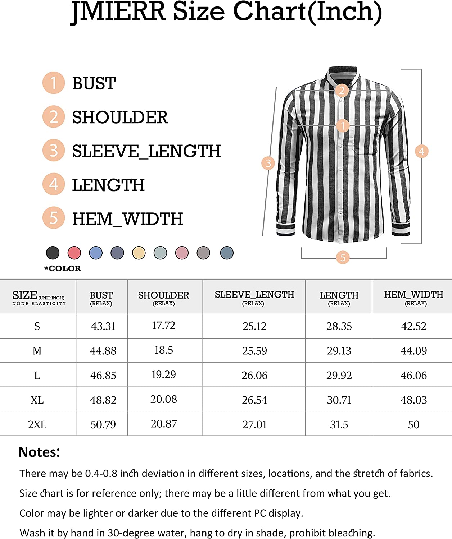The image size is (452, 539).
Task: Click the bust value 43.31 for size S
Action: [x=103, y=326]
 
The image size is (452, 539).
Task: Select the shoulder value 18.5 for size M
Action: [x=163, y=350]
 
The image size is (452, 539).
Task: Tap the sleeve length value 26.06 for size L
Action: [x=254, y=376]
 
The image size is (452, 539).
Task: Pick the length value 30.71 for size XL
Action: [x=339, y=400]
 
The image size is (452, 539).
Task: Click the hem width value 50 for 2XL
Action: [x=413, y=425]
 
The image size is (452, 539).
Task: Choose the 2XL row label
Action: [x=37, y=425]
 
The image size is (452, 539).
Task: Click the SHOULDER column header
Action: [x=163, y=295]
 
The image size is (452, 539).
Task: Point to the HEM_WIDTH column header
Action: [x=413, y=295]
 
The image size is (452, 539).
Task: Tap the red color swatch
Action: [x=74, y=253]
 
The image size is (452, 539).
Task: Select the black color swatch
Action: [x=53, y=253]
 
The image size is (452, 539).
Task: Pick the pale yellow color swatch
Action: [x=139, y=253]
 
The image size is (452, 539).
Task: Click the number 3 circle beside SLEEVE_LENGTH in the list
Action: [x=54, y=150]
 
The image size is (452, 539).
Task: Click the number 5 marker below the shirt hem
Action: [x=343, y=257]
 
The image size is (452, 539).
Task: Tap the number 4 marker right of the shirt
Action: [x=421, y=151]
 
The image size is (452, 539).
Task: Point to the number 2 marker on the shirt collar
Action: [x=342, y=90]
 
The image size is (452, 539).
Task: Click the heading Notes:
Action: [x=39, y=452]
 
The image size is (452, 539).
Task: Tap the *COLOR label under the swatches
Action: [x=63, y=268]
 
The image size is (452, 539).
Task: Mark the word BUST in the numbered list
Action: [x=94, y=84]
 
